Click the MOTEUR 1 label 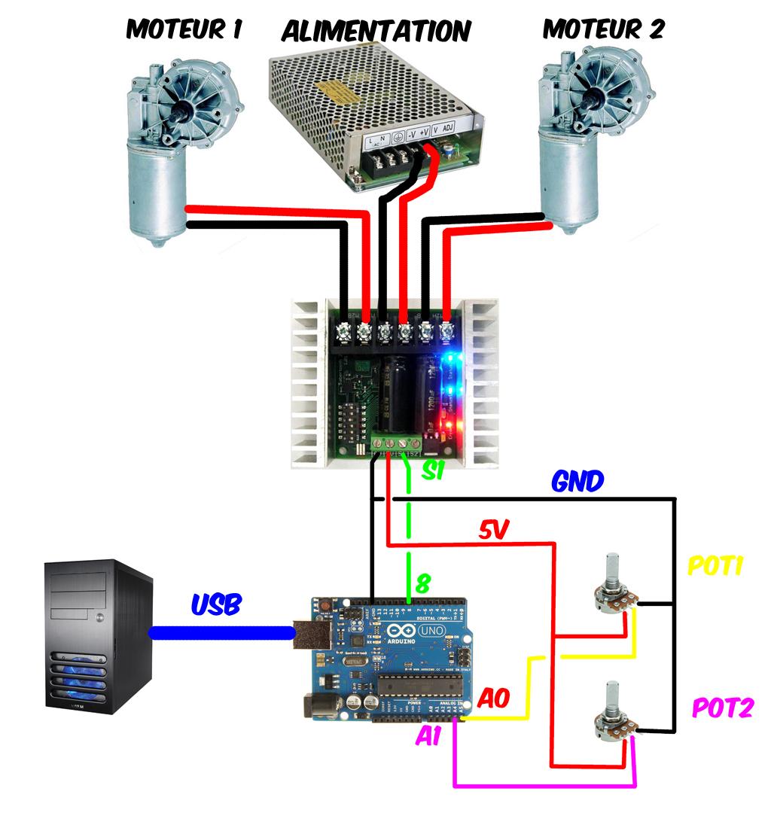click(x=184, y=29)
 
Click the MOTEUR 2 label click(x=604, y=29)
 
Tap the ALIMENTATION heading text click(x=376, y=32)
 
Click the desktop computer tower click(x=98, y=636)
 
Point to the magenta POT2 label click(x=721, y=708)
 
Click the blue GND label click(x=577, y=481)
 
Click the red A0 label click(x=494, y=699)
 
